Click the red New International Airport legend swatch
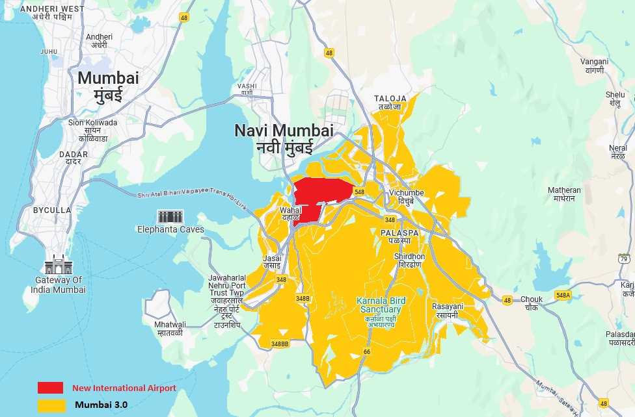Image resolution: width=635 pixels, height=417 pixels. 50,388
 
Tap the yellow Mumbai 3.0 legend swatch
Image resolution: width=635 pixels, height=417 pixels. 50,405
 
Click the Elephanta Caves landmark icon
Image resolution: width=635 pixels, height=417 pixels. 170,217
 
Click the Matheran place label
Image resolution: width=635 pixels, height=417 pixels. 564,194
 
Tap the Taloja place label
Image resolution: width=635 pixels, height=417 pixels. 390,103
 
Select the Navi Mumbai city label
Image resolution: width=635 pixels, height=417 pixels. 284,137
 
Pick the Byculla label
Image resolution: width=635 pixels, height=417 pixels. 52,210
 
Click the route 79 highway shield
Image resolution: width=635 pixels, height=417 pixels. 624,259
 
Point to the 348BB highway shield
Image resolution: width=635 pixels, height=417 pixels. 280,344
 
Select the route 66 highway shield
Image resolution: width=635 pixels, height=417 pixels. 367,351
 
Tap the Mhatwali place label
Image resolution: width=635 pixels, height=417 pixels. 170,329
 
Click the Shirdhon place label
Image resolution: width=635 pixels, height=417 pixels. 409,261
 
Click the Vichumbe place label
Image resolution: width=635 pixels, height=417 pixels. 407,197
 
